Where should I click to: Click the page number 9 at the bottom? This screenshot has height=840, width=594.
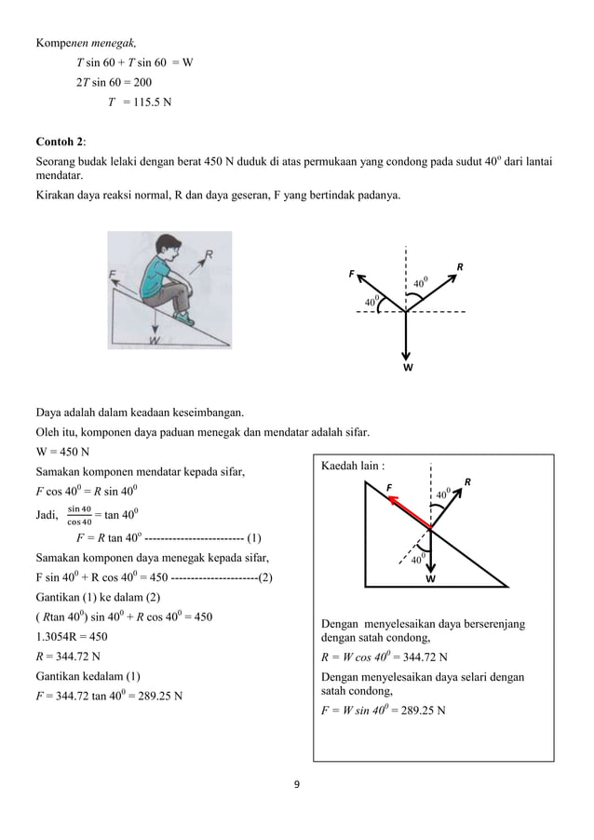coord(296,784)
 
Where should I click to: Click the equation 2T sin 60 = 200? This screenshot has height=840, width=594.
coord(115,82)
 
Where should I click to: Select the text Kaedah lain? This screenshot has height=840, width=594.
coord(351,465)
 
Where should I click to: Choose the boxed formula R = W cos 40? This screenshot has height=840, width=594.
coord(383,657)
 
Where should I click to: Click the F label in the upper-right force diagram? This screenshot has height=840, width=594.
coord(352,274)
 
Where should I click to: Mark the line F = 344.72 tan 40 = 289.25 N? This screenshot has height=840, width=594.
coord(109,695)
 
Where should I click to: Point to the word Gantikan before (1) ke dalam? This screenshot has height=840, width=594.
coord(61,596)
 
